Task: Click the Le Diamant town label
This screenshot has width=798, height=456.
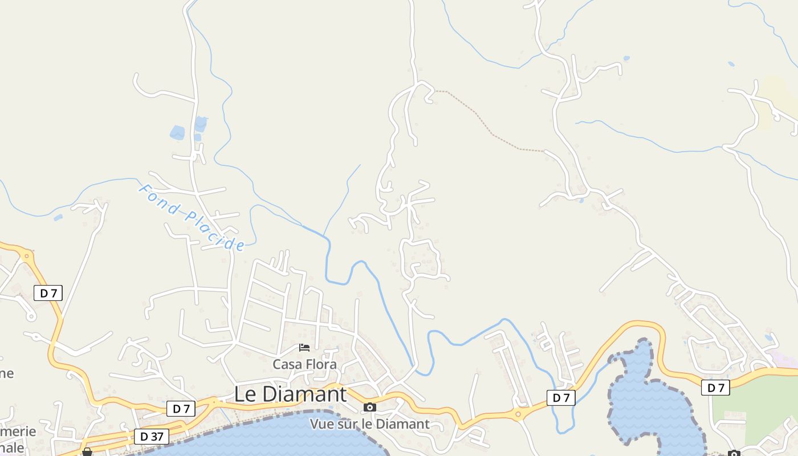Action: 290,394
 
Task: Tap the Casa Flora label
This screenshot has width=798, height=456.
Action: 304,364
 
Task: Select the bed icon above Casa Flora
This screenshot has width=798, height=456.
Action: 304,348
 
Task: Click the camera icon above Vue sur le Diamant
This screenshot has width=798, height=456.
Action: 370,407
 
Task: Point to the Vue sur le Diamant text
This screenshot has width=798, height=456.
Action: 369,424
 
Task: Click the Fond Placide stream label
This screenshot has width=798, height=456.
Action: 192,217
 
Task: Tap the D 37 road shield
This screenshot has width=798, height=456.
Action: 152,437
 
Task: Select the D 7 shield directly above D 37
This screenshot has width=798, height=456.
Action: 181,409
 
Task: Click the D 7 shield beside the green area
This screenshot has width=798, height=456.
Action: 715,388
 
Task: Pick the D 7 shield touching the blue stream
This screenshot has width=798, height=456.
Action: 561,398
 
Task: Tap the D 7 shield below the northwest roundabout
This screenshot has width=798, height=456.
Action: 48,294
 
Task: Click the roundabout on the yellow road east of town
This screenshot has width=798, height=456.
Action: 518,414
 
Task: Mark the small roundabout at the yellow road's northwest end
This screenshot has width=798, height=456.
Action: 26,256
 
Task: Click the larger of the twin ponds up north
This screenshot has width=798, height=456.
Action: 177,133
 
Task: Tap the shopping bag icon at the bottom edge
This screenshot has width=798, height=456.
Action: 87,452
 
